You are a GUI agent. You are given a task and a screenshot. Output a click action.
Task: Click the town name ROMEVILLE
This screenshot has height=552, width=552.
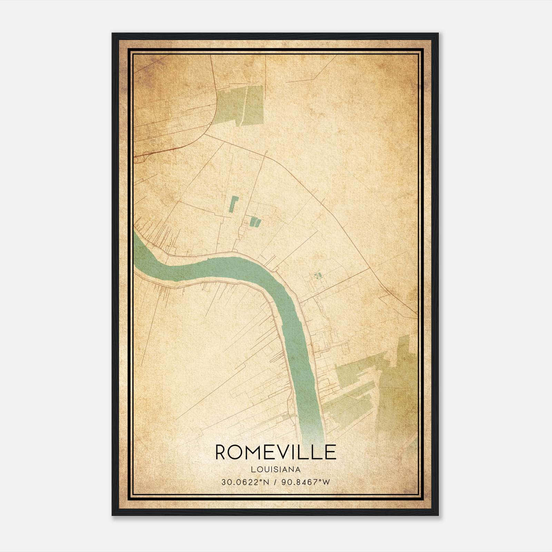276,452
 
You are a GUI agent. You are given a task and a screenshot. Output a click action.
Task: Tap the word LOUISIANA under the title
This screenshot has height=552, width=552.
276,470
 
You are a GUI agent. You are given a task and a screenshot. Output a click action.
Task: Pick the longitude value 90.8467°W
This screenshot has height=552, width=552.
306,482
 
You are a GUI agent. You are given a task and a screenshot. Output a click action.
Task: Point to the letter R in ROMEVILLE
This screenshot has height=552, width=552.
222,452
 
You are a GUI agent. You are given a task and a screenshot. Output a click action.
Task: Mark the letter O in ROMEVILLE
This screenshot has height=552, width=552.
237,452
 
